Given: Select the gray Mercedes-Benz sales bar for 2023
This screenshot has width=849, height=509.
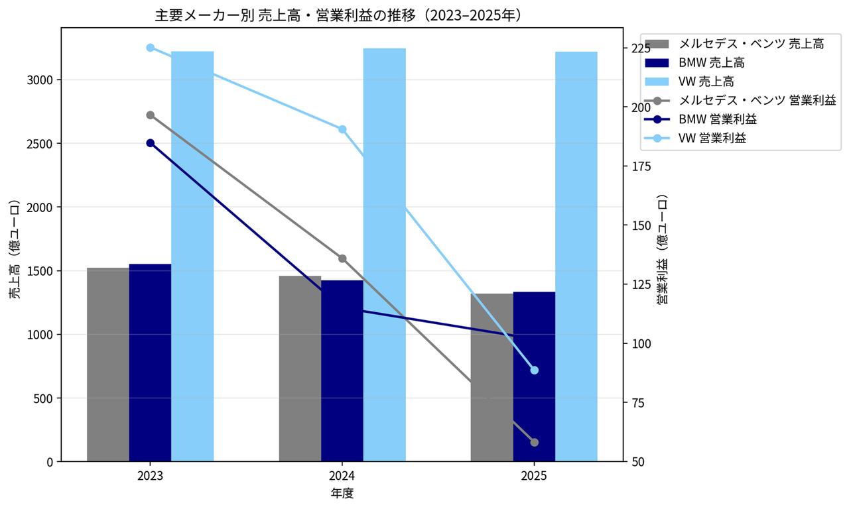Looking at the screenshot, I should tap(108, 365).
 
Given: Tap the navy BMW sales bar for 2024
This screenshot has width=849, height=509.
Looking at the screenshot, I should tap(342, 371).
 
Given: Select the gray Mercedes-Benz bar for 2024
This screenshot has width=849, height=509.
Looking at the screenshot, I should tap(300, 368).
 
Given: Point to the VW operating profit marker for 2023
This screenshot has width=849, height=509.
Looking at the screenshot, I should tap(151, 48).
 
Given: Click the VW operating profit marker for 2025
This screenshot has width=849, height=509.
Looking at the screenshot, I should tap(535, 370).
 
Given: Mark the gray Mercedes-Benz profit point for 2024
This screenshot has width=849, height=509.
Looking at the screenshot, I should tap(342, 258).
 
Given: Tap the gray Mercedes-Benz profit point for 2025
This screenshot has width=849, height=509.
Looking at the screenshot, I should tap(535, 442).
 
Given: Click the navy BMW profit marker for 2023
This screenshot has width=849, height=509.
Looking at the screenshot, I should tap(151, 143).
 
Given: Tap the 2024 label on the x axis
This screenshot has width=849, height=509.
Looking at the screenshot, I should tap(342, 475).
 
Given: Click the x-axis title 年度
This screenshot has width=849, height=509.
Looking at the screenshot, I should tap(342, 494).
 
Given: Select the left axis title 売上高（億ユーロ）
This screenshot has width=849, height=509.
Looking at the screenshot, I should tap(15, 249).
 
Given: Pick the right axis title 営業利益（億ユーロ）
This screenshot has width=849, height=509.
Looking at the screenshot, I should tap(662, 249).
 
